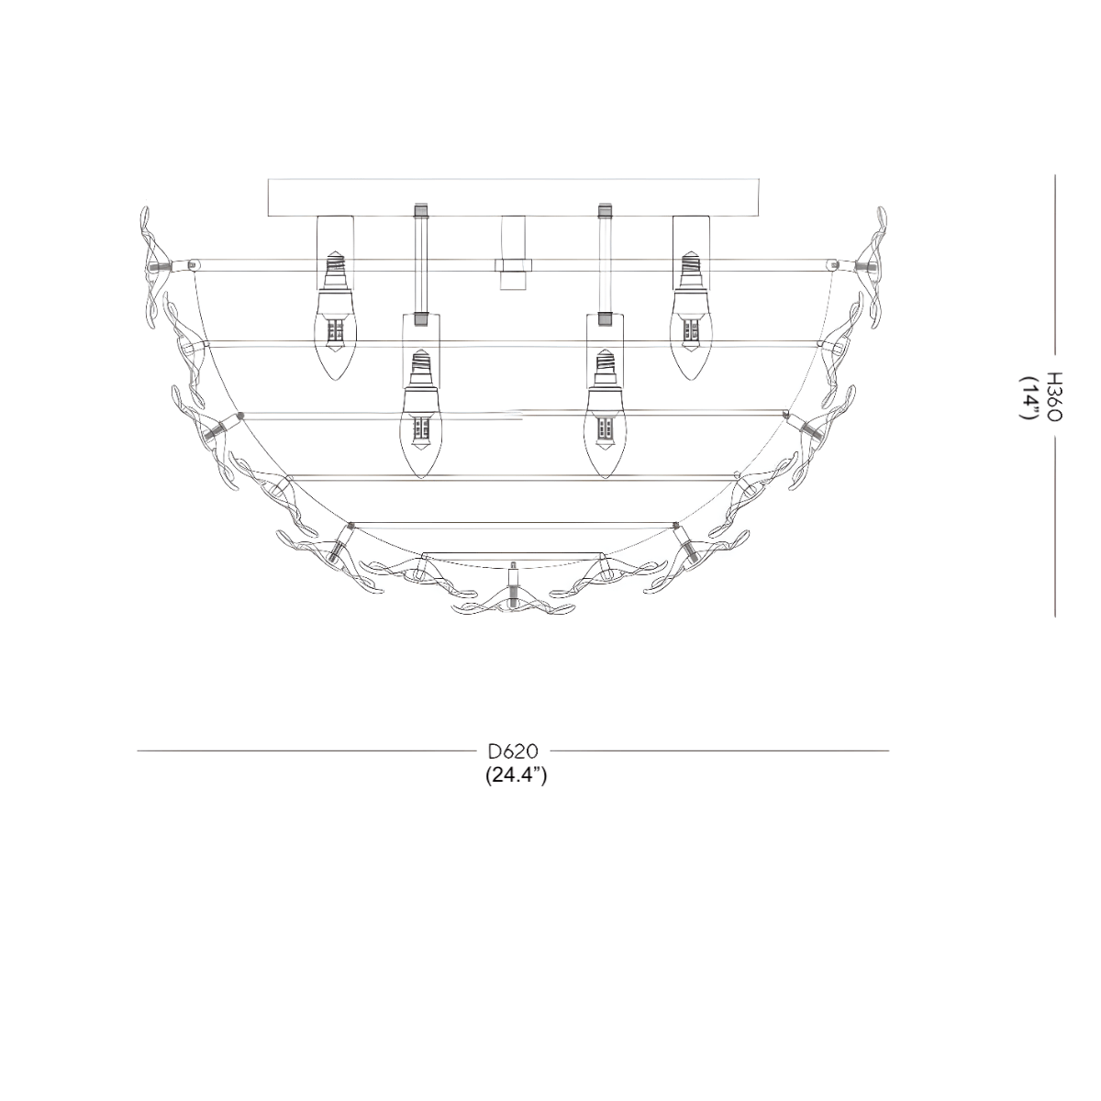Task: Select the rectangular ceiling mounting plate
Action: [515, 197]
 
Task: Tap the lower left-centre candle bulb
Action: [420, 431]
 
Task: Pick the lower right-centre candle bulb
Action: [605, 431]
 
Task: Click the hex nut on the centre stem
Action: [514, 265]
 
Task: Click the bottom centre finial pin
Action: [514, 578]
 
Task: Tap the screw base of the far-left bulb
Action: [335, 272]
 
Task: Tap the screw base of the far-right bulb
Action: [690, 270]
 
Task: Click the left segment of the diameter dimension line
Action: [303, 751]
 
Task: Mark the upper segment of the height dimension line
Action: [1054, 266]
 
